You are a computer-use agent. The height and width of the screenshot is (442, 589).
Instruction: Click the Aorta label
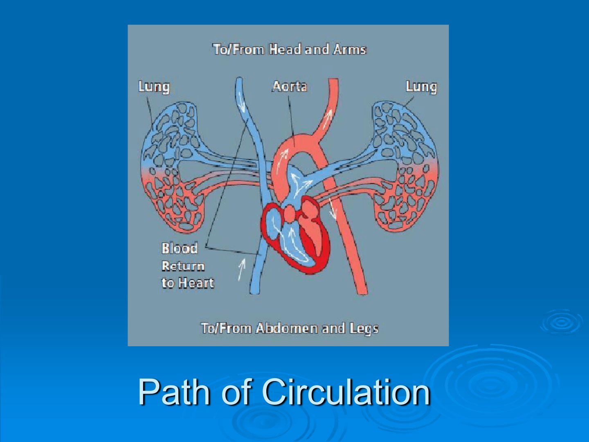290,86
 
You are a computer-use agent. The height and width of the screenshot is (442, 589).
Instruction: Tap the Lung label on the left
154,87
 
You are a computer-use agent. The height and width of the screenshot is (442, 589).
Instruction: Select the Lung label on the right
421,87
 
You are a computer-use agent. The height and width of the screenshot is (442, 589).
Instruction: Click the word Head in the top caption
285,50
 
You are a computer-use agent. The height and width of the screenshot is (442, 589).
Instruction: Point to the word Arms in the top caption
350,50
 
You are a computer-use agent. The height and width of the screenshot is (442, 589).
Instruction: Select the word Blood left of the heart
180,248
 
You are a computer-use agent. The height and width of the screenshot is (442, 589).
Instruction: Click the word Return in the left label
183,266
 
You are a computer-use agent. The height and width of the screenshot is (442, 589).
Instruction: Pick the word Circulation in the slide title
346,392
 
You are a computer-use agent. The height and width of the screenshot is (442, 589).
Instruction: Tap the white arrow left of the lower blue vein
242,270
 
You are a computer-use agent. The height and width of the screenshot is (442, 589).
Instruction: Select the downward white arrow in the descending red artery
333,210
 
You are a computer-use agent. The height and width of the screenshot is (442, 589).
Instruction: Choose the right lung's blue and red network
406,167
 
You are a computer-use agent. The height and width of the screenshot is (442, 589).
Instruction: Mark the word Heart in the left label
196,283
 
